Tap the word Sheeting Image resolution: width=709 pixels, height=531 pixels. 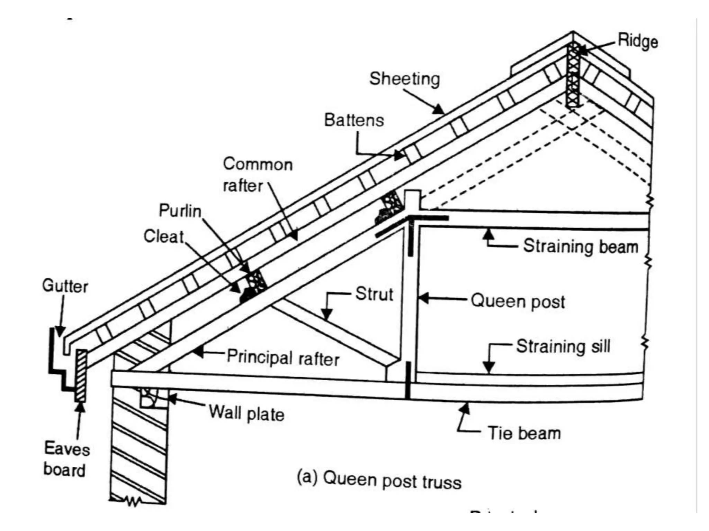coord(404,79)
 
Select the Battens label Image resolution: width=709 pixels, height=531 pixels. coord(354,120)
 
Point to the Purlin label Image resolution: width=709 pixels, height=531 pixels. coord(180,211)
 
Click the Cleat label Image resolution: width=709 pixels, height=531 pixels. coord(163,236)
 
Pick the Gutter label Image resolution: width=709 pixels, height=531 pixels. coord(65,286)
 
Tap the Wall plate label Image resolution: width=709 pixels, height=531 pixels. coord(246,413)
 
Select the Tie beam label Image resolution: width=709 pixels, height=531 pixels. coord(524,434)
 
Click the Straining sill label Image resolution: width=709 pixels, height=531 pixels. coord(563,346)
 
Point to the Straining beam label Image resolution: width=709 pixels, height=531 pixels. coord(581,247)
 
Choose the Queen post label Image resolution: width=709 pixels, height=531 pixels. coord(518,301)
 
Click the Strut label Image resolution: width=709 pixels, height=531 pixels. coord(374,294)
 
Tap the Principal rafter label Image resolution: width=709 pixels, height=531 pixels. coord(283,358)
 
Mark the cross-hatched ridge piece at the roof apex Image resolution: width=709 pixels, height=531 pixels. coord(573,74)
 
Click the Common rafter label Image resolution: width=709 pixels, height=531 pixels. coord(258,175)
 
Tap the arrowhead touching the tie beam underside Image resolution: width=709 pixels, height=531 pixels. coord(465,409)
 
